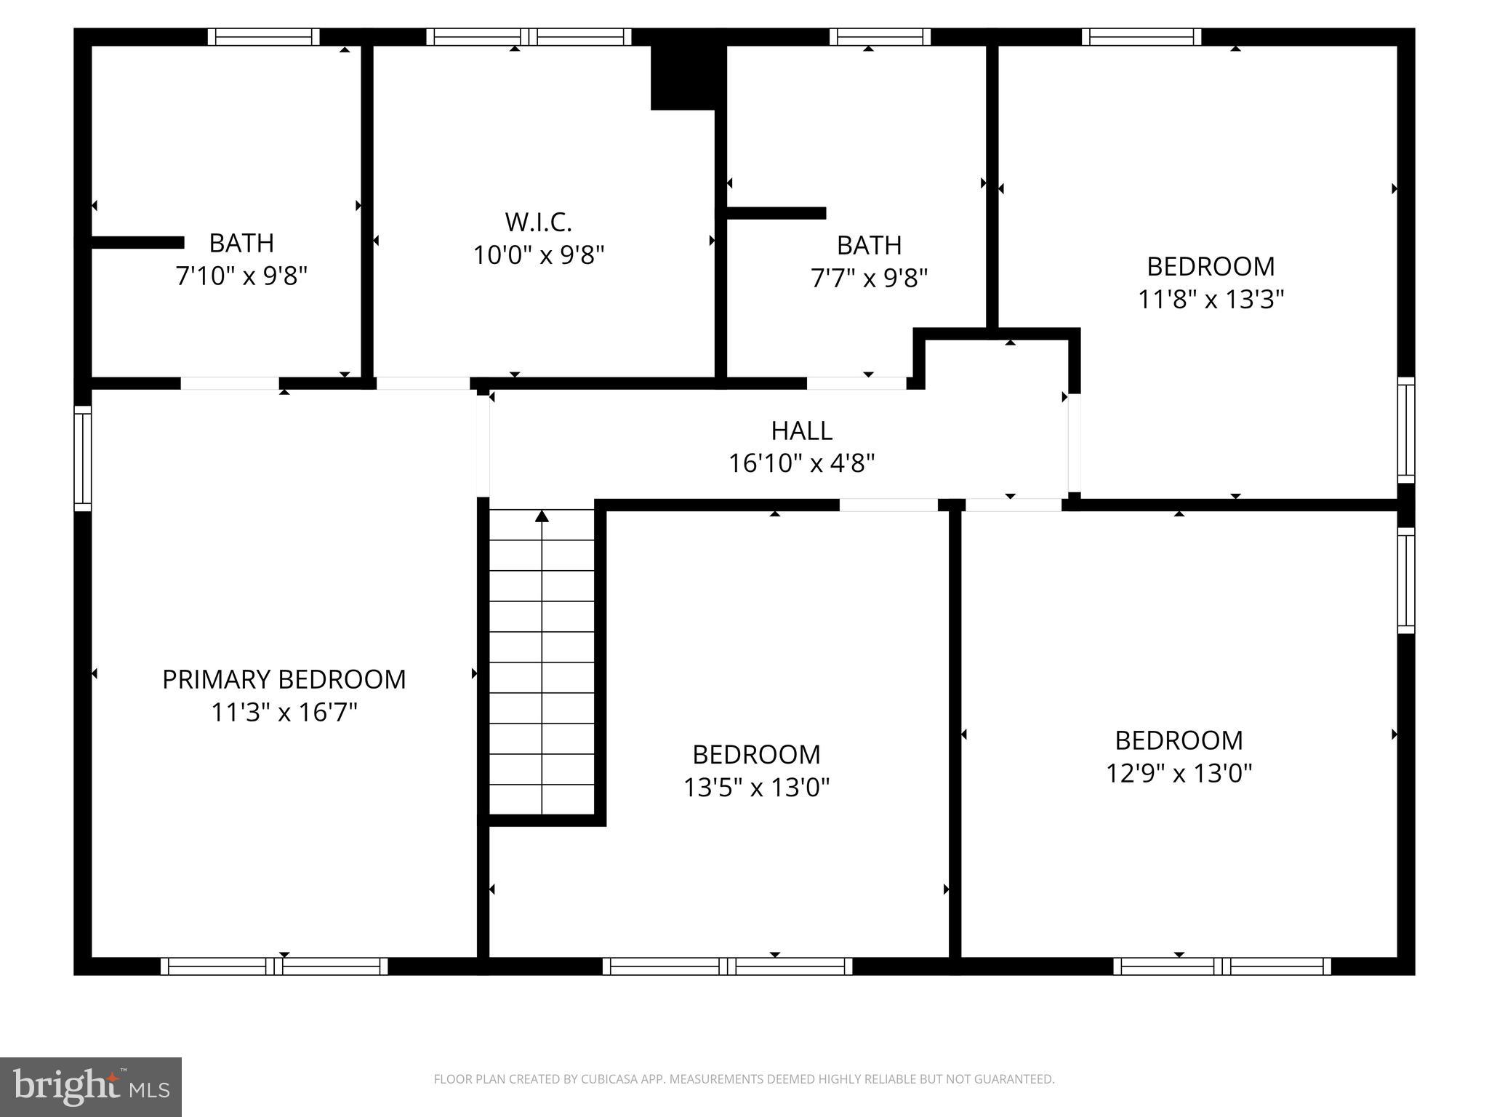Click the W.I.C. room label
point(538,221)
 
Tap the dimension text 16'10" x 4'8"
point(801,463)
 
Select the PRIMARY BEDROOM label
point(284,679)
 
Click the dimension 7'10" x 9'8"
point(241,276)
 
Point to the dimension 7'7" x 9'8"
point(869,279)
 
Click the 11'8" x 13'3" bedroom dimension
point(1211,299)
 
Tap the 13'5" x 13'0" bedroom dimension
point(756,787)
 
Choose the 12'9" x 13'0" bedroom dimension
point(1179,772)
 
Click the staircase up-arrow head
point(542,516)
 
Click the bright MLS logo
point(91,1086)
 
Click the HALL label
point(801,431)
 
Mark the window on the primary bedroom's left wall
point(83,458)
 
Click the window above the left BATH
point(263,37)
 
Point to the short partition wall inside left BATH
point(137,242)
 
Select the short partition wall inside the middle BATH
point(776,213)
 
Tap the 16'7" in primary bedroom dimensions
point(330,712)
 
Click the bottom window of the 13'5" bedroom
point(727,966)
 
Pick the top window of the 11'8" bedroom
point(1141,37)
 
